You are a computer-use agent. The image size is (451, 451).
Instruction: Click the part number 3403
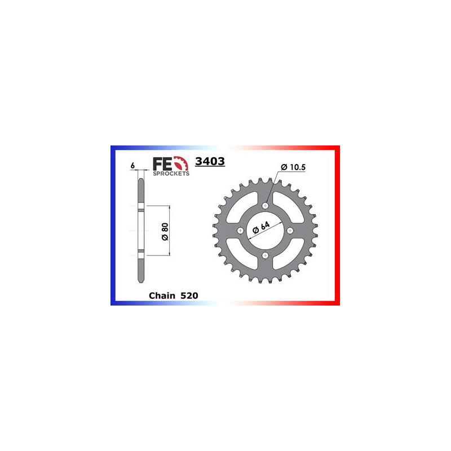coord(210,161)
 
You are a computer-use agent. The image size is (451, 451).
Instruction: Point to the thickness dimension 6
coord(131,166)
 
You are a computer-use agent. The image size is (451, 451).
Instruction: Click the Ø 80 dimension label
coord(164,231)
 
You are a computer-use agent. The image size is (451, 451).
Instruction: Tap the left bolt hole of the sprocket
coord(241,231)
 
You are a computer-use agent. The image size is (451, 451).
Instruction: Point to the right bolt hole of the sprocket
coord(290,231)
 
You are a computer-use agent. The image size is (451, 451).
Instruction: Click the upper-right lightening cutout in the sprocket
coord(286,209)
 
